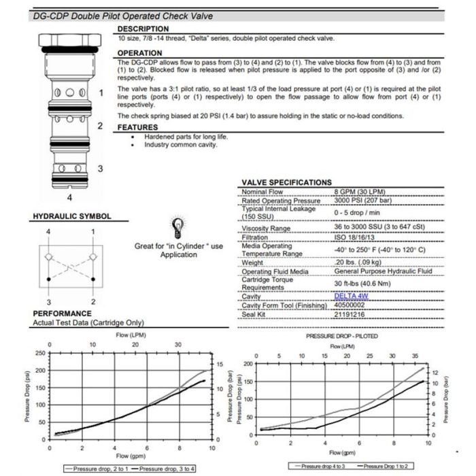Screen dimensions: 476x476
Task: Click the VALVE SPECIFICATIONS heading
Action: (x=286, y=182)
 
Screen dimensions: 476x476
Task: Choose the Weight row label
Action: (x=252, y=262)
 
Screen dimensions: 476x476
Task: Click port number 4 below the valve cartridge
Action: (x=69, y=197)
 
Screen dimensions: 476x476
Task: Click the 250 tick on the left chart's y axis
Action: (x=40, y=353)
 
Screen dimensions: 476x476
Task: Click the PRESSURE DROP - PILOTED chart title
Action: (x=342, y=336)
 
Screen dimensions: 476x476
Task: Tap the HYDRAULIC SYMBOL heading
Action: (x=71, y=217)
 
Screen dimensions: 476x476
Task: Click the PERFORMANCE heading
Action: (x=63, y=313)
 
